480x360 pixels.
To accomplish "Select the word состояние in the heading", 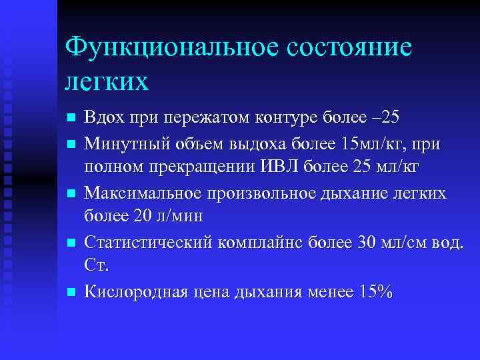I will click(x=349, y=49).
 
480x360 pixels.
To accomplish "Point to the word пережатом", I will click(x=206, y=119).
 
